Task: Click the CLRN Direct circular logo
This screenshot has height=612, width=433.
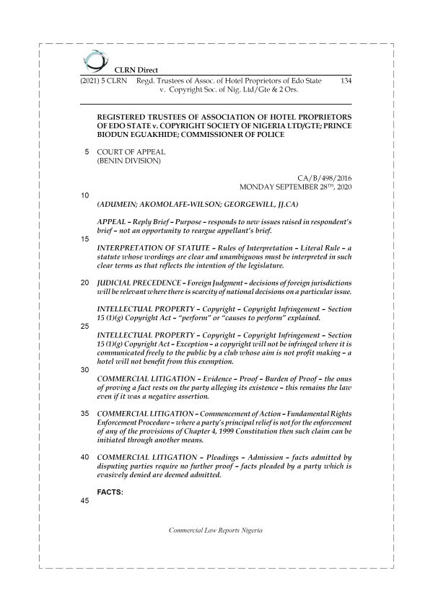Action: click(93, 59)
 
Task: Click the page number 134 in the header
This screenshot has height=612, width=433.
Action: click(345, 82)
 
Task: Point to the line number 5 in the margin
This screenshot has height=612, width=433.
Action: click(87, 152)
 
